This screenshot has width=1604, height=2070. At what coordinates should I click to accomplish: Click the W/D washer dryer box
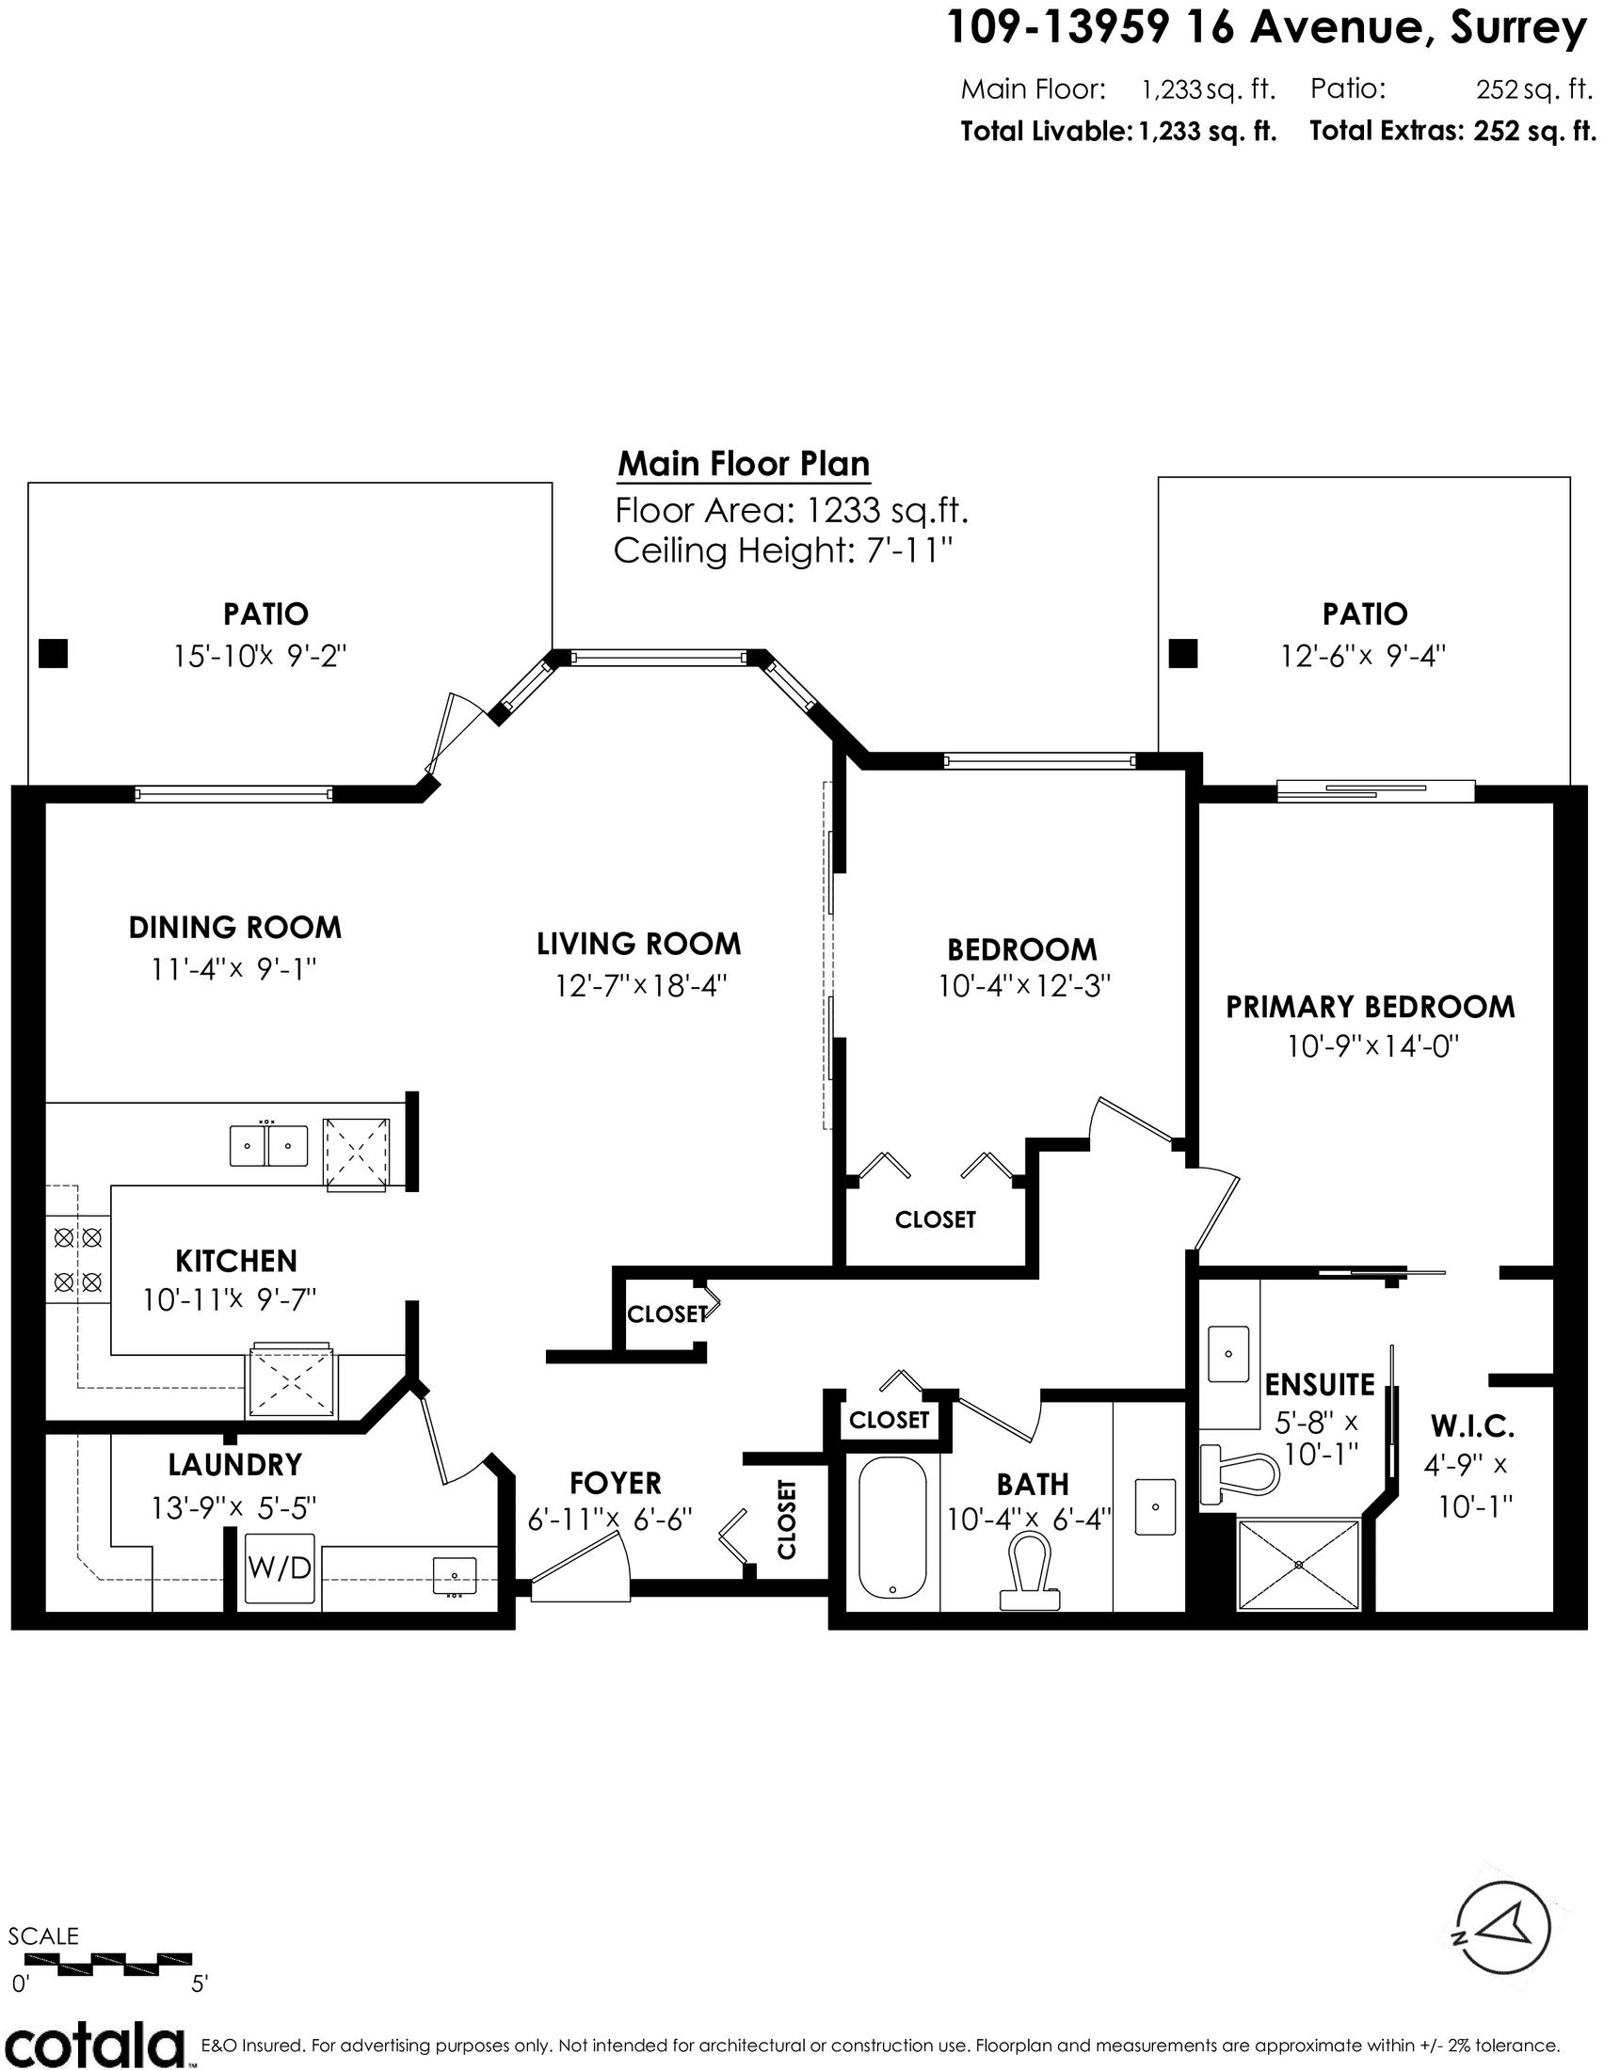point(279,1568)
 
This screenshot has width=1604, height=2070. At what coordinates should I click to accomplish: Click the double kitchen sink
point(268,1145)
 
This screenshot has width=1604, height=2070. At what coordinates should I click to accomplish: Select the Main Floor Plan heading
point(744,465)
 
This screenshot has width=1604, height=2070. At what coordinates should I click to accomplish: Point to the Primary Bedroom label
point(1371,1007)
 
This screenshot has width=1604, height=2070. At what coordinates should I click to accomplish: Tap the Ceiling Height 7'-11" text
point(782,550)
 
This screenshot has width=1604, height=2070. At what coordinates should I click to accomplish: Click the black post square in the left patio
point(53,654)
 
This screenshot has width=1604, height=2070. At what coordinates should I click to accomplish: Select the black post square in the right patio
point(1183,654)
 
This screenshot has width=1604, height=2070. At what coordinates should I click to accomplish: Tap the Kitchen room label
point(236,1262)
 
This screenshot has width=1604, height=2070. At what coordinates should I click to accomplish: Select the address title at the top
point(1267,29)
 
